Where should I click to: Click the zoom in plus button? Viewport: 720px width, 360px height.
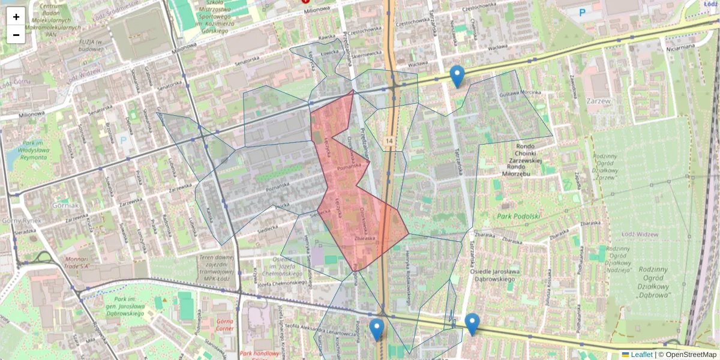pyautogui.click(x=16, y=16)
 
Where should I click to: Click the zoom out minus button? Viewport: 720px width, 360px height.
pyautogui.click(x=16, y=35)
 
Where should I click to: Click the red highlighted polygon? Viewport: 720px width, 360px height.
pyautogui.click(x=354, y=198)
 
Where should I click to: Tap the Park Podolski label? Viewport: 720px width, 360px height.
pyautogui.click(x=519, y=216)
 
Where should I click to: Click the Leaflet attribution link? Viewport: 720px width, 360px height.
pyautogui.click(x=641, y=355)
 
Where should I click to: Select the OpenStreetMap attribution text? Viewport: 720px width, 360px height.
pyautogui.click(x=691, y=355)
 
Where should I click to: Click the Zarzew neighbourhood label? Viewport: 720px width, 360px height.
pyautogui.click(x=599, y=101)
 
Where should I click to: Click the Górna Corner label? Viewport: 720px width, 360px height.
pyautogui.click(x=224, y=325)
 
